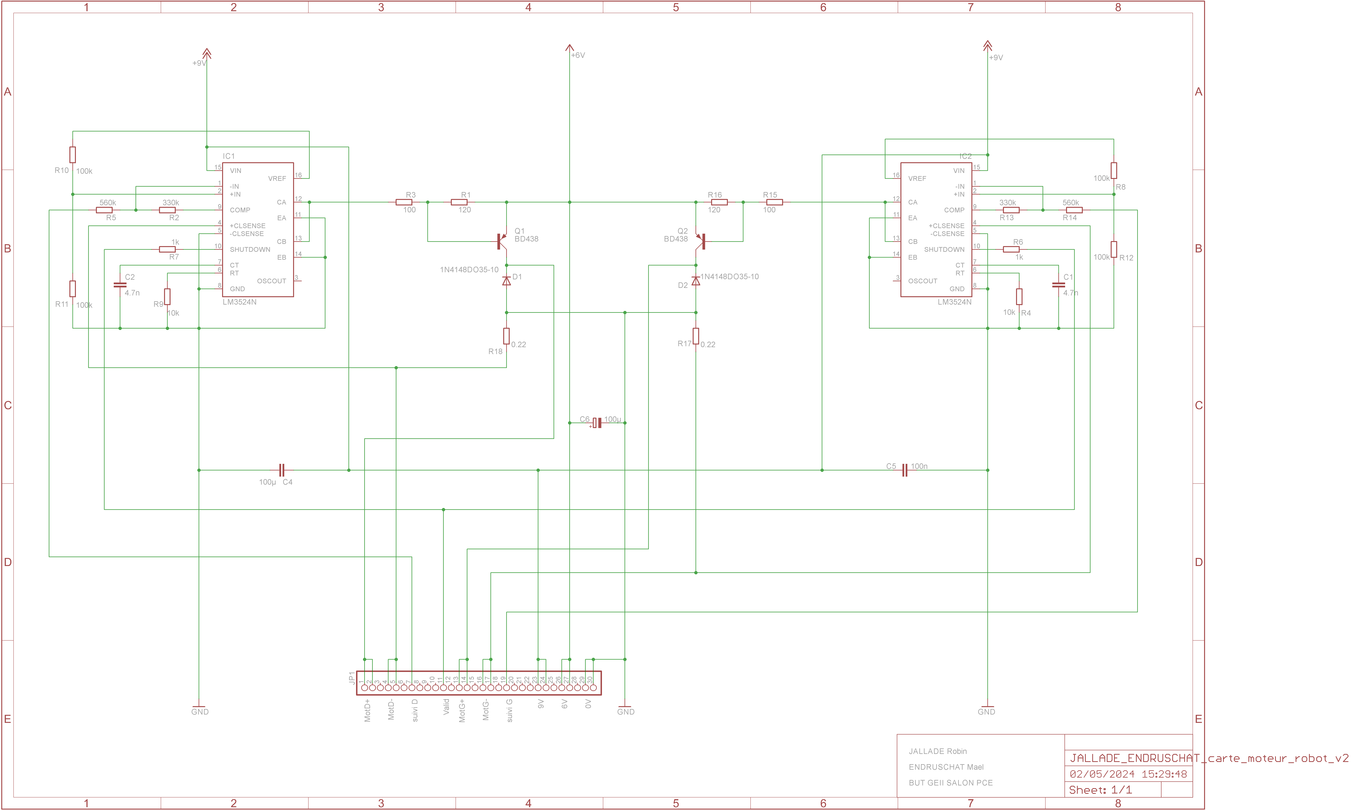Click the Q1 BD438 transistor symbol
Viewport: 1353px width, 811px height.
[501, 241]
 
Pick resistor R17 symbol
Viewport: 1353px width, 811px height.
[695, 336]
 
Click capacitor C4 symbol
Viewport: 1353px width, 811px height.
[282, 470]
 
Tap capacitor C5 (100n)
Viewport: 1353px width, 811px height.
[905, 470]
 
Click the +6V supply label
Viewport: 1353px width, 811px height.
[578, 55]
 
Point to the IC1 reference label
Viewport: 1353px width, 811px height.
[229, 156]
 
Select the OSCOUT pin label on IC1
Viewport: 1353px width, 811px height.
[272, 281]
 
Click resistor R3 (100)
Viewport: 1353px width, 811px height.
[404, 202]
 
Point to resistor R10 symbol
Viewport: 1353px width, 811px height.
[73, 155]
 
